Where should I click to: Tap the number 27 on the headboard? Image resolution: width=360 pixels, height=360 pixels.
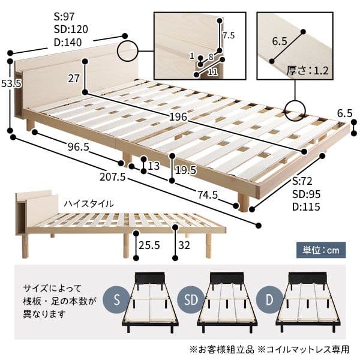74,78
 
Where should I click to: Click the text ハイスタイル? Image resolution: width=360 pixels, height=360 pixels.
89,204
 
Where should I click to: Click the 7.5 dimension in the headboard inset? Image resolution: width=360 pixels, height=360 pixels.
229,35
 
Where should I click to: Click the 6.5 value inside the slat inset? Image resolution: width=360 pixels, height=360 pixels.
280,41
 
